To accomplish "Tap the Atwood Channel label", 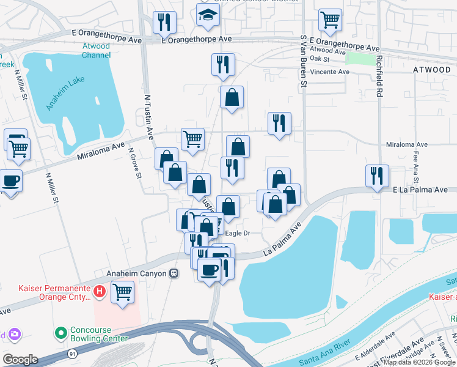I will point(97,51).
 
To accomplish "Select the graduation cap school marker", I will point(208,17).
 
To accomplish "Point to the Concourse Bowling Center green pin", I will point(60,333).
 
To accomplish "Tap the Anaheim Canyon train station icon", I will point(174,273).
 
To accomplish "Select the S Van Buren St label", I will point(303,61).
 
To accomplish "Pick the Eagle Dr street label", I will point(238,233).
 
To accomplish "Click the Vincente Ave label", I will point(329,72).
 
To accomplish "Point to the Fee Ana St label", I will point(415,168).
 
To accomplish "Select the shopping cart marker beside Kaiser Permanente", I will point(123,292).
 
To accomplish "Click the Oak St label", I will point(320,59).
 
